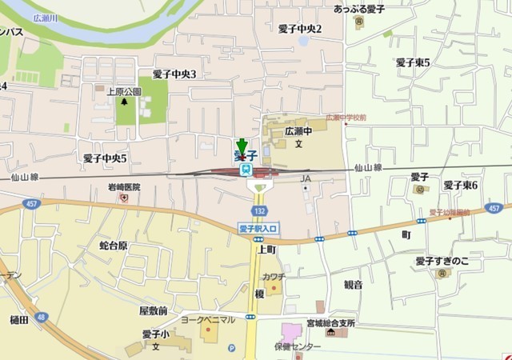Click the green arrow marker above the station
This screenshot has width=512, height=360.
click(x=242, y=146)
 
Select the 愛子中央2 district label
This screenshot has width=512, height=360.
click(x=299, y=29)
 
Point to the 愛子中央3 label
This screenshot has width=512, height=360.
click(x=174, y=74)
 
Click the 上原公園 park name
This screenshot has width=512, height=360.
click(x=124, y=91)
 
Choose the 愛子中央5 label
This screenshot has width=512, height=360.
click(x=105, y=158)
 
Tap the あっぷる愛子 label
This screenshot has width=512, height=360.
click(x=359, y=10)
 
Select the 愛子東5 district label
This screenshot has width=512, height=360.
click(x=413, y=62)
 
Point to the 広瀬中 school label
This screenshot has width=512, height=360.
click(x=298, y=130)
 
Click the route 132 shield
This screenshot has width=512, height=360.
click(x=259, y=210)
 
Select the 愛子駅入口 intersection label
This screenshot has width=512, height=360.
click(x=258, y=229)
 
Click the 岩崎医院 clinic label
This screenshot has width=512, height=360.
click(x=124, y=187)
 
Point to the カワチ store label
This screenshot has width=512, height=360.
click(x=274, y=276)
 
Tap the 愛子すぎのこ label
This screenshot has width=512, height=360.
click(x=442, y=262)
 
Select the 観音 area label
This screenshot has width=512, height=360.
click(x=353, y=284)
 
